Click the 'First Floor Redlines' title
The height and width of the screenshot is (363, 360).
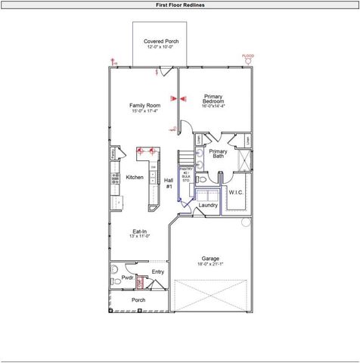[179, 5]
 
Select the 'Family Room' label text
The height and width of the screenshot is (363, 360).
[144, 105]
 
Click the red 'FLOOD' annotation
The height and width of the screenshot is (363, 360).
[247, 56]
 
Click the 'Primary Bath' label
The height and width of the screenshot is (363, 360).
[218, 154]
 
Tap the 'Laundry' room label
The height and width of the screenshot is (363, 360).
[208, 205]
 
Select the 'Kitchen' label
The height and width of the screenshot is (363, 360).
[135, 177]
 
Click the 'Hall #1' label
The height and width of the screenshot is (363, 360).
[169, 183]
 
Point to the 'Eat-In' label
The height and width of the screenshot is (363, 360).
[139, 232]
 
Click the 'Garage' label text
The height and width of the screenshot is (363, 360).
[210, 258]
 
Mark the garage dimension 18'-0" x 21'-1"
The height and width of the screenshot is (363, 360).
[210, 265]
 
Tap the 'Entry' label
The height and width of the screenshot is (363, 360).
[157, 271]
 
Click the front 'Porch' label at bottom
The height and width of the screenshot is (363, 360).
[138, 300]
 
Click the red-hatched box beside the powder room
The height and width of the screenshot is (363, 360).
[140, 283]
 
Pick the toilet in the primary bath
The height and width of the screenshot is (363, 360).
[201, 181]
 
